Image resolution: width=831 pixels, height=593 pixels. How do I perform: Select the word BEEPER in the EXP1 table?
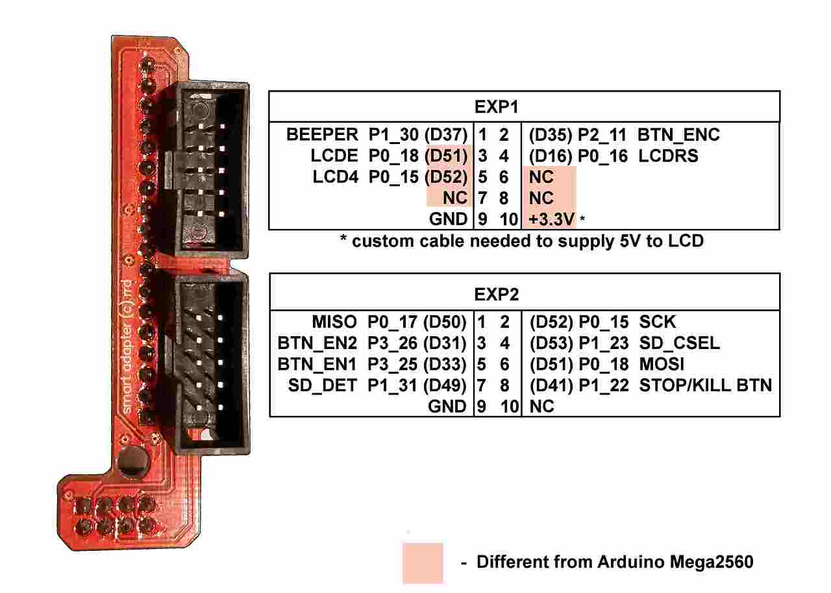tap(322, 135)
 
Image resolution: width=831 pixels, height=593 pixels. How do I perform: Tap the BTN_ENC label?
tap(678, 135)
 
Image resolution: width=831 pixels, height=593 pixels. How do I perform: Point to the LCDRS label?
tap(669, 156)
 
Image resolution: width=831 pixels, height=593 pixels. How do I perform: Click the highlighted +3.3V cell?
tap(551, 219)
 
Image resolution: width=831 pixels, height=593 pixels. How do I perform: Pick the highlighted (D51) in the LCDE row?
tap(445, 156)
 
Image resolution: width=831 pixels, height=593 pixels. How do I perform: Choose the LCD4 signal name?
tap(335, 177)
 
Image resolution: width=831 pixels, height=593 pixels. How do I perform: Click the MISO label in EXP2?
tap(334, 322)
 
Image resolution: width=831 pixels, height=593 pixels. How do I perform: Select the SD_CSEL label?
tap(679, 343)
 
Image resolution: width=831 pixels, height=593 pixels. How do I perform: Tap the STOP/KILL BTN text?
tap(706, 385)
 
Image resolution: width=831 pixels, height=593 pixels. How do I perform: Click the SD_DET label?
tap(323, 385)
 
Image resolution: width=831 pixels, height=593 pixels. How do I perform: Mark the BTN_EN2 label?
tap(317, 343)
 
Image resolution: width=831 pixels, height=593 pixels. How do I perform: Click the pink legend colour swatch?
tap(423, 562)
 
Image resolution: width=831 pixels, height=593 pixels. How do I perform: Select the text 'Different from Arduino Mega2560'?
tap(615, 562)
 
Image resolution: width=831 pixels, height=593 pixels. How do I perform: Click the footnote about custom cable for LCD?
tap(522, 241)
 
